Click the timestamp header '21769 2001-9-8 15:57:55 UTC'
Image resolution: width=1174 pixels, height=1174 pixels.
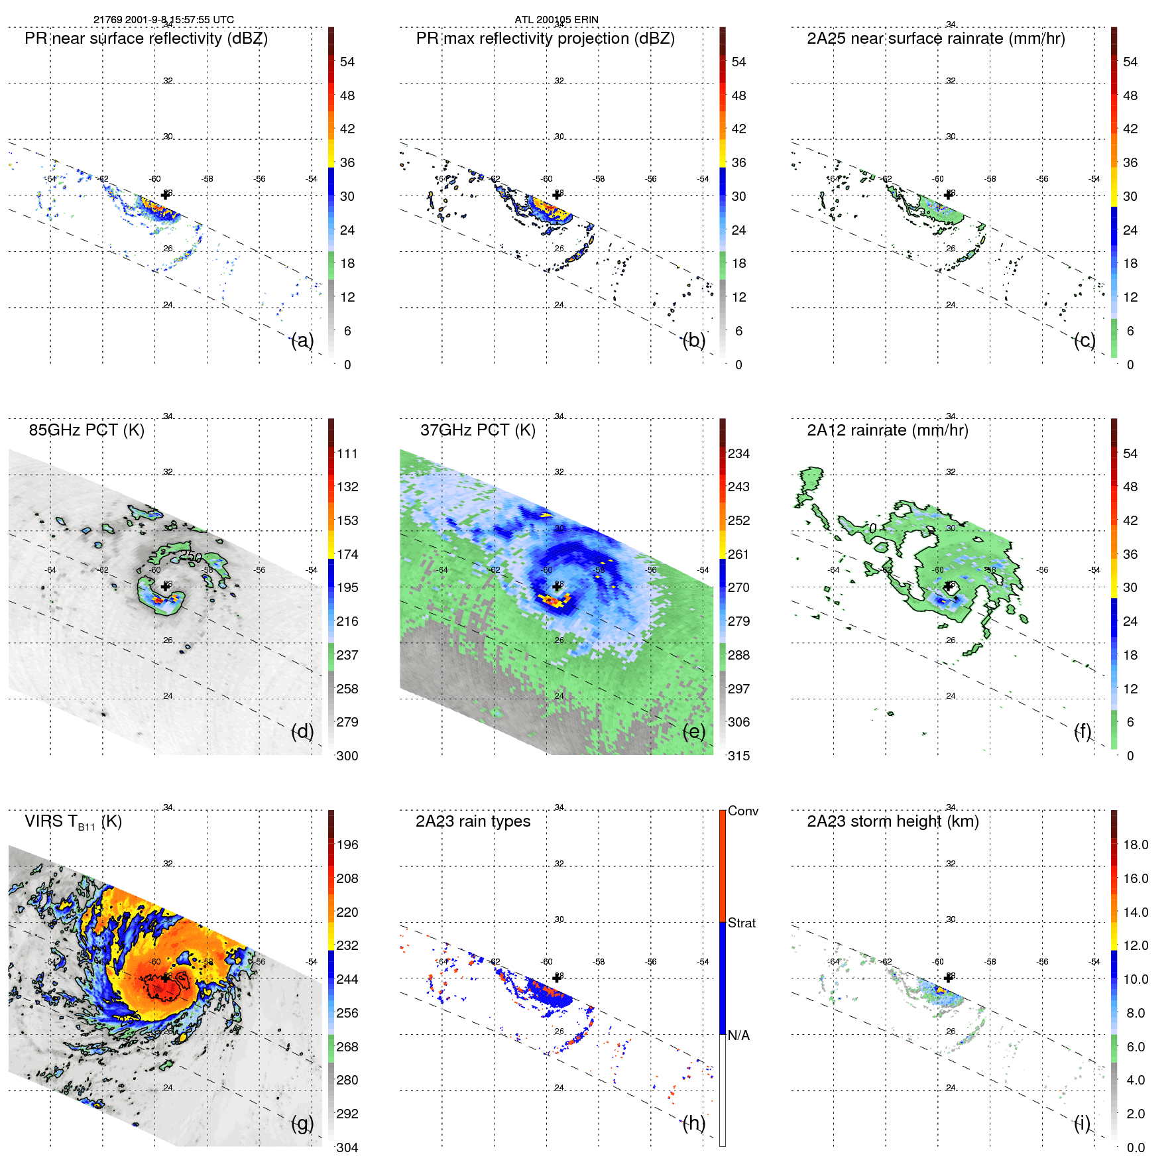pyautogui.click(x=163, y=20)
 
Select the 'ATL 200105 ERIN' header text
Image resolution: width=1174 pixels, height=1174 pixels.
pyautogui.click(x=556, y=20)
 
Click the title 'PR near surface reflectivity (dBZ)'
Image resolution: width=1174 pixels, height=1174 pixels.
pyautogui.click(x=146, y=38)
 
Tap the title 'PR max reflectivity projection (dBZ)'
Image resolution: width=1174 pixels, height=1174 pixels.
pyautogui.click(x=545, y=38)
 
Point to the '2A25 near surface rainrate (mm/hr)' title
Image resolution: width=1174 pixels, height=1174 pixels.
pyautogui.click(x=935, y=38)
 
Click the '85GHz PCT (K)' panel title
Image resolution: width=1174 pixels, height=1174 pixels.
pyautogui.click(x=86, y=430)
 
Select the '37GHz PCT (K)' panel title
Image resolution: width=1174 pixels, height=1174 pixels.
pyautogui.click(x=477, y=430)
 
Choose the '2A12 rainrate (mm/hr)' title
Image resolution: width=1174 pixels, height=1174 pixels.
pyautogui.click(x=887, y=430)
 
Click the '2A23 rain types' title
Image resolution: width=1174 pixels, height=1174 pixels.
pyautogui.click(x=473, y=821)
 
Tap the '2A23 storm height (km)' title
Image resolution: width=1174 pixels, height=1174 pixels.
pyautogui.click(x=892, y=821)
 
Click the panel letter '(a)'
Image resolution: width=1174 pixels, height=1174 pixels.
pyautogui.click(x=302, y=340)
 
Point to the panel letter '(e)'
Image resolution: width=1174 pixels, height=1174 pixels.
pyautogui.click(x=693, y=731)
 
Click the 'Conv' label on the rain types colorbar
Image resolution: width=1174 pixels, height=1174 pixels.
pyautogui.click(x=742, y=811)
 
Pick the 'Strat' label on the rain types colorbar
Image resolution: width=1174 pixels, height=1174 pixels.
pyautogui.click(x=741, y=923)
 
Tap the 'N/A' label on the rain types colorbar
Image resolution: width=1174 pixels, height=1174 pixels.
pyautogui.click(x=738, y=1035)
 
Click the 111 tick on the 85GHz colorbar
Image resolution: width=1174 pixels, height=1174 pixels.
pyautogui.click(x=347, y=453)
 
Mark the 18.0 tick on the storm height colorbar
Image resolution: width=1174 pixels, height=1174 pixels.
pyautogui.click(x=1135, y=845)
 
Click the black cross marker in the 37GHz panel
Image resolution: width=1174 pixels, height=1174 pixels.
pyautogui.click(x=557, y=587)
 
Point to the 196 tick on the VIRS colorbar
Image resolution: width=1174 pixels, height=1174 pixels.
pyautogui.click(x=347, y=845)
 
